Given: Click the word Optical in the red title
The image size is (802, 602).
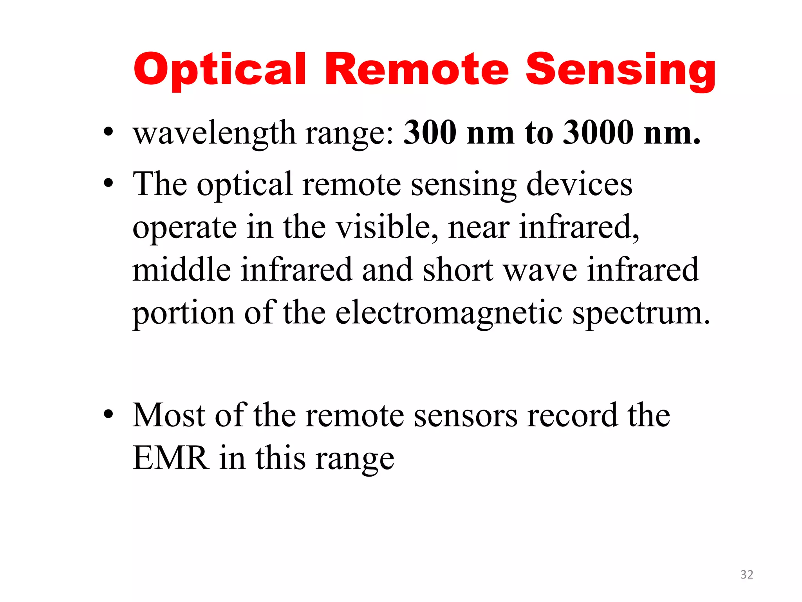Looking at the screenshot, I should point(220,70).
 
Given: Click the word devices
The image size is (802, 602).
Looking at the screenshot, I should point(579,184).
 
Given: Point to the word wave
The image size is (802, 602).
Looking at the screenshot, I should point(540,270).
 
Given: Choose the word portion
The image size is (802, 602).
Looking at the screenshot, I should point(184,314).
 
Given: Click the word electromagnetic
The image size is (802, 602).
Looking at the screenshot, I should point(449,314).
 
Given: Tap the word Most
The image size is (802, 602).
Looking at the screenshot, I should point(169,415).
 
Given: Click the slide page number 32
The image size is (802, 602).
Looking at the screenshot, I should point(746,574).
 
